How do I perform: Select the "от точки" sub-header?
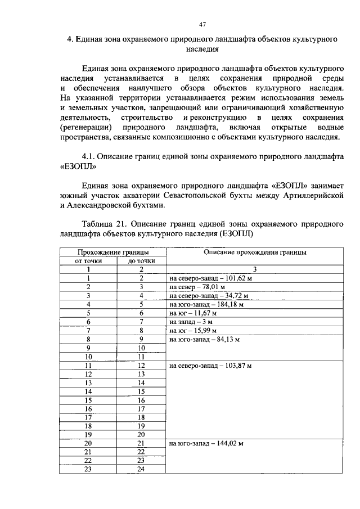click(88, 261)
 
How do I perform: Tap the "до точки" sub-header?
click(141, 261)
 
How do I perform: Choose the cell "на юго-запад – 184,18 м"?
click(206, 304)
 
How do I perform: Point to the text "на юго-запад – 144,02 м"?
click(206, 444)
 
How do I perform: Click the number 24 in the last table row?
click(141, 470)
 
